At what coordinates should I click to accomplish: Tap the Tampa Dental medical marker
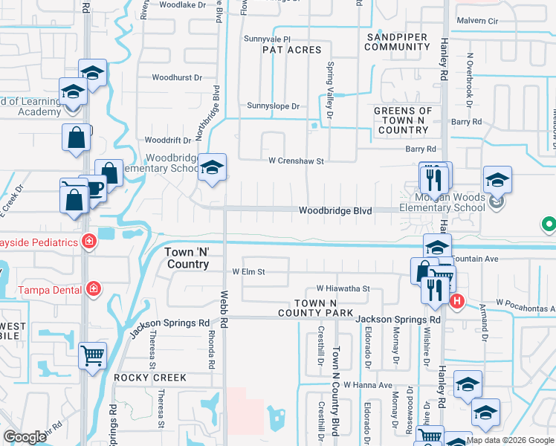[94, 288]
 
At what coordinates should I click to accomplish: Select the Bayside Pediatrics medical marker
[88, 242]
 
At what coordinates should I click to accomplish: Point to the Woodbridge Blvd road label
[334, 211]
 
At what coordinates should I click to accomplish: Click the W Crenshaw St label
[297, 161]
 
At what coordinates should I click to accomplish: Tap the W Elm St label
[248, 272]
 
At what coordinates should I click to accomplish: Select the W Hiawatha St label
[343, 288]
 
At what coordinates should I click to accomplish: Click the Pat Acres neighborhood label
[291, 50]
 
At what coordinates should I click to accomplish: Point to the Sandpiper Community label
[398, 41]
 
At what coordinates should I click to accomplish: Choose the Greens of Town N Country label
[403, 120]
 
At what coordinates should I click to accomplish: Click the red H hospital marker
[457, 301]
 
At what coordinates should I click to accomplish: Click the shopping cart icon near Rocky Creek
[93, 355]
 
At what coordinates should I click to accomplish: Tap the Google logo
[25, 437]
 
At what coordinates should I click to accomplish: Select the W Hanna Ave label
[367, 385]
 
